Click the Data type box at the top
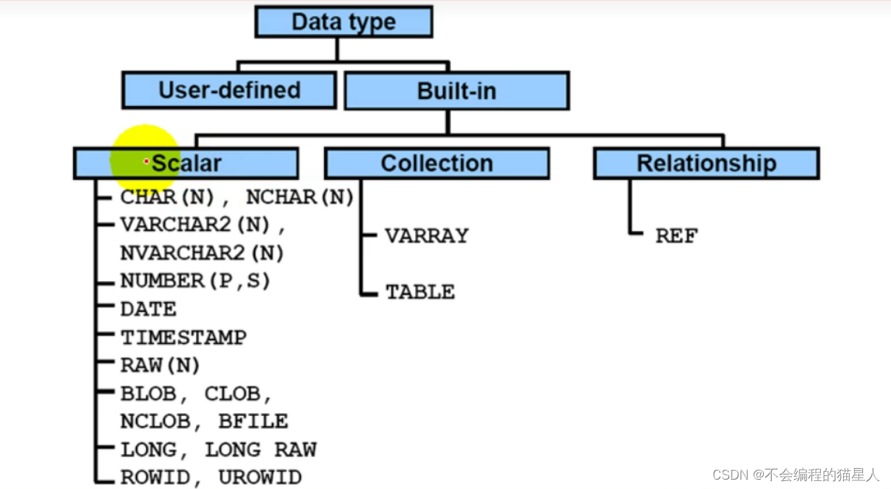344,22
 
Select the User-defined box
229,90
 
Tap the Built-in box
456,91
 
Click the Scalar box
186,163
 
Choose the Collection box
437,163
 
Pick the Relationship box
706,163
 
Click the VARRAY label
427,235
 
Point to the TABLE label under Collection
420,292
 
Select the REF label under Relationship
676,235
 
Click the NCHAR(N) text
299,196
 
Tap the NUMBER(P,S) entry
195,280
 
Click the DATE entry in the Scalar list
148,309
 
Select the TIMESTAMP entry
184,337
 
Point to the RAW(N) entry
161,365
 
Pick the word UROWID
260,477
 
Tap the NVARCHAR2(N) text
202,253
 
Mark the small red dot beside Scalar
146,162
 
